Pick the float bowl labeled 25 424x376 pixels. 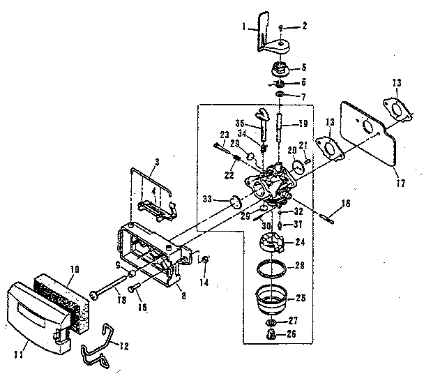tap(271, 296)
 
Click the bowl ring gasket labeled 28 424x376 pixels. tap(271, 266)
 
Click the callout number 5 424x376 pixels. tap(304, 68)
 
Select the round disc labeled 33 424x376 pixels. tap(236, 201)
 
